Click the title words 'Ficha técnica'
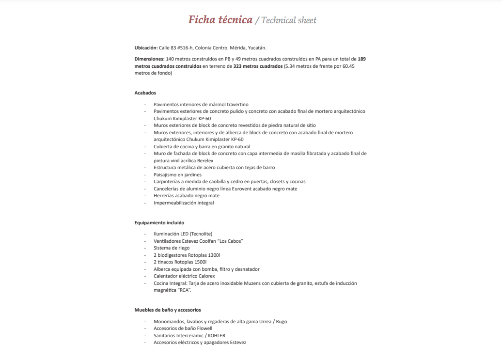click(x=220, y=20)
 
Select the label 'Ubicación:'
click(x=146, y=48)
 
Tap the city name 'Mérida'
click(x=237, y=48)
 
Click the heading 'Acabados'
click(x=145, y=93)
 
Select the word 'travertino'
click(x=237, y=104)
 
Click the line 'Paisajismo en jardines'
click(x=177, y=174)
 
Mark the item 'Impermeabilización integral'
click(x=184, y=203)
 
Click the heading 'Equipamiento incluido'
click(x=159, y=223)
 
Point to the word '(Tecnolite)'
click(x=201, y=234)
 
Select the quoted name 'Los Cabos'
click(x=230, y=241)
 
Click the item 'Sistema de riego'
click(x=172, y=248)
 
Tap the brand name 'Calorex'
click(x=205, y=276)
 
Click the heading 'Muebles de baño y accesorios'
click(x=167, y=310)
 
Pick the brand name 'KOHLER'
click(x=217, y=335)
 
